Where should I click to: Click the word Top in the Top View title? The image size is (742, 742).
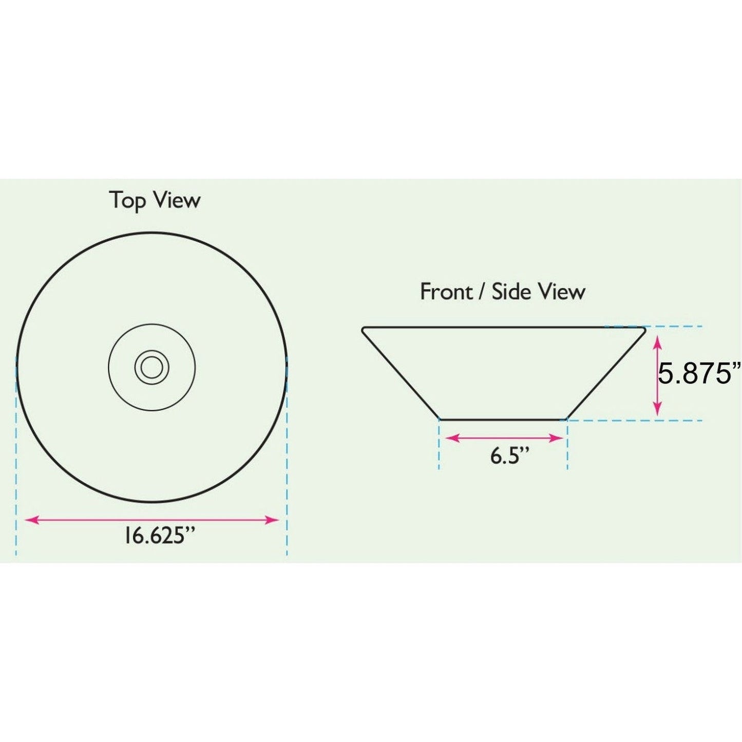click(127, 201)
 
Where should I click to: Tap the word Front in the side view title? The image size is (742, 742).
click(446, 292)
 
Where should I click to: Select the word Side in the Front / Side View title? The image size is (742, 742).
click(511, 292)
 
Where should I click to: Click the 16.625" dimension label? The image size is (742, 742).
click(160, 536)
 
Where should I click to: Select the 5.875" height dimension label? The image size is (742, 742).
click(700, 373)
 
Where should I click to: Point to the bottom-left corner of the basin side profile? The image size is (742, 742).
click(440, 419)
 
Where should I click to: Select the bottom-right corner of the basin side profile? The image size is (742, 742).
click(566, 419)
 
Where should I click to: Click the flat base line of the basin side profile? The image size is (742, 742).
click(503, 420)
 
